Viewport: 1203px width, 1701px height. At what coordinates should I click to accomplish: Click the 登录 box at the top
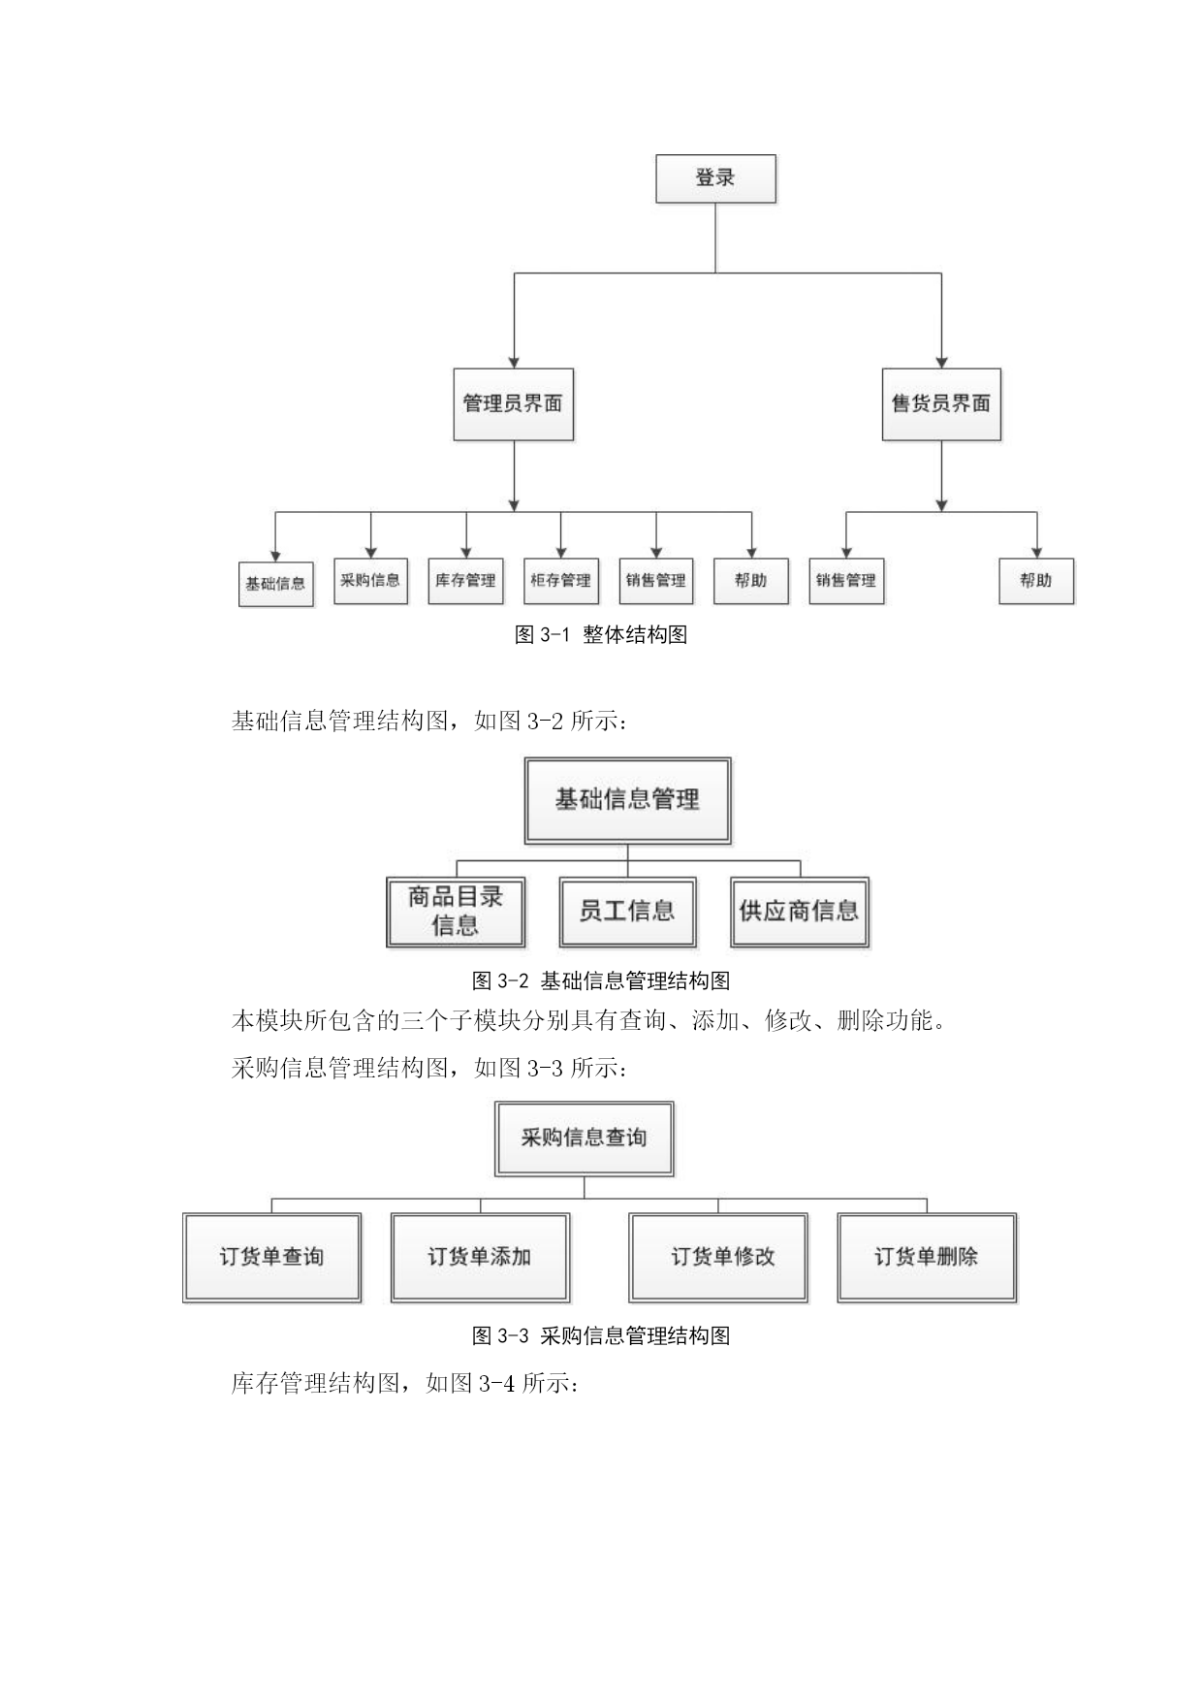tap(715, 178)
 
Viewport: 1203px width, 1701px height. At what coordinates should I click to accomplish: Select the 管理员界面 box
tap(513, 404)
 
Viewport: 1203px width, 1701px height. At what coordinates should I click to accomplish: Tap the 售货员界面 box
tap(941, 404)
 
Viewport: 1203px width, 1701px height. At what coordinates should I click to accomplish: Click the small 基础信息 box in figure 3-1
tap(276, 584)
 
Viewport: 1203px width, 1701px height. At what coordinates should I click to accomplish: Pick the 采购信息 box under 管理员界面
tap(370, 581)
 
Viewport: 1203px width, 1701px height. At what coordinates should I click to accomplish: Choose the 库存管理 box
tap(465, 581)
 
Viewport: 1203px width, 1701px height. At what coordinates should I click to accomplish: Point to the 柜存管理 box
tap(560, 581)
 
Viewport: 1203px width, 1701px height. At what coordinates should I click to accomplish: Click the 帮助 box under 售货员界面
tap(1036, 581)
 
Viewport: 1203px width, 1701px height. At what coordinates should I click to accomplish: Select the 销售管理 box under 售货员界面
tap(846, 581)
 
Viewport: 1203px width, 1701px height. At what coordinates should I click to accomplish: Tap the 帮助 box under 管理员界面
tap(751, 581)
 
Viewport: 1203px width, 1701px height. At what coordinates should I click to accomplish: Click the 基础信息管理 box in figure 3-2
tap(627, 800)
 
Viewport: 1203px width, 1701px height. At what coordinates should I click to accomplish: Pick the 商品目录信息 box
tap(456, 912)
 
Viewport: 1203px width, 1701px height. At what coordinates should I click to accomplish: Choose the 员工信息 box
tap(627, 912)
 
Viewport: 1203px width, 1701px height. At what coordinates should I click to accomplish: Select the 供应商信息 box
tap(800, 912)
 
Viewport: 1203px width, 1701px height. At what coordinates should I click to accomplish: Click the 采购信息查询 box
tap(584, 1139)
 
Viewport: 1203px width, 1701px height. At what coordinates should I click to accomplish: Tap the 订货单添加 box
tap(480, 1257)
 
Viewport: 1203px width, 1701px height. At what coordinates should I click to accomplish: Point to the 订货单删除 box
tap(927, 1257)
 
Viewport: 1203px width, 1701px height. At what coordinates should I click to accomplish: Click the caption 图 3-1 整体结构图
tap(601, 635)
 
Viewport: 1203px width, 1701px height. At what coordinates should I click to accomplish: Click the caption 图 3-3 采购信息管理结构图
tap(601, 1336)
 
